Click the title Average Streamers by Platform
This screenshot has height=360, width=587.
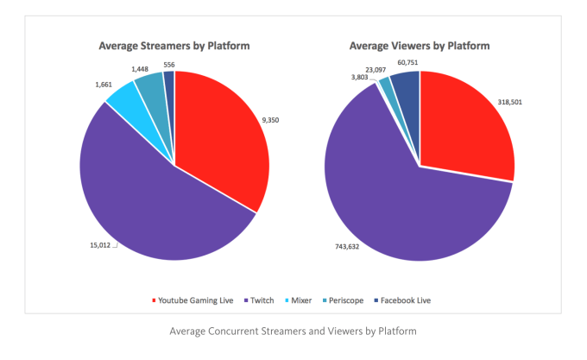tap(174, 46)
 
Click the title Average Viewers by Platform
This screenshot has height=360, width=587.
tap(420, 46)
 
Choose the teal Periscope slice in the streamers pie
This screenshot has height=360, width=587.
tap(150, 83)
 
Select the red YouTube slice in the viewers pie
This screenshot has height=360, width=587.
tap(466, 129)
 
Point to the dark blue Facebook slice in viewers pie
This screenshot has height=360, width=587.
tap(406, 83)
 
